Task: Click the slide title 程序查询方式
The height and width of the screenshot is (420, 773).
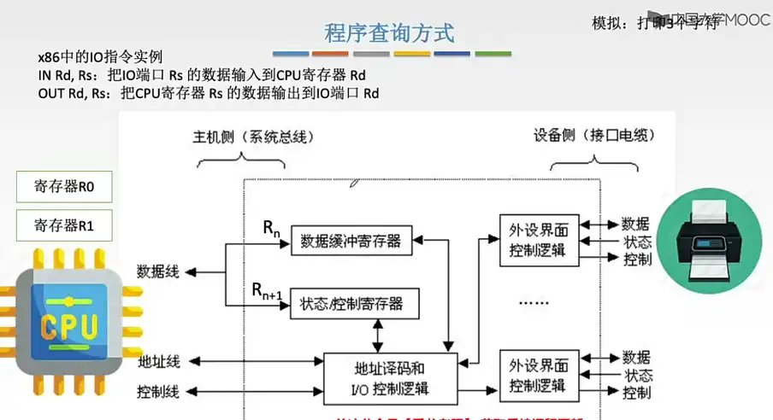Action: click(389, 33)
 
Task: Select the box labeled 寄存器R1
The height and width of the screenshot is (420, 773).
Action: click(64, 225)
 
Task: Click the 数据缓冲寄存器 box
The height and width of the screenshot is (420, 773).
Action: click(351, 241)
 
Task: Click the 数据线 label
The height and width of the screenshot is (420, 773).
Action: click(158, 271)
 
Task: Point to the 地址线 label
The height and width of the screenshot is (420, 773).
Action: click(158, 361)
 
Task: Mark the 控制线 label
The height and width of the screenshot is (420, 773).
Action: click(158, 392)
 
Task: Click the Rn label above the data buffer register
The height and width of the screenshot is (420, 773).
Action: click(271, 228)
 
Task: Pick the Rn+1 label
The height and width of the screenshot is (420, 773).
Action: click(267, 292)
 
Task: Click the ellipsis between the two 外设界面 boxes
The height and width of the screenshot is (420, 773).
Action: click(537, 301)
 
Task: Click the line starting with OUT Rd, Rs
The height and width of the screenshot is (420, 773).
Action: click(209, 93)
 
